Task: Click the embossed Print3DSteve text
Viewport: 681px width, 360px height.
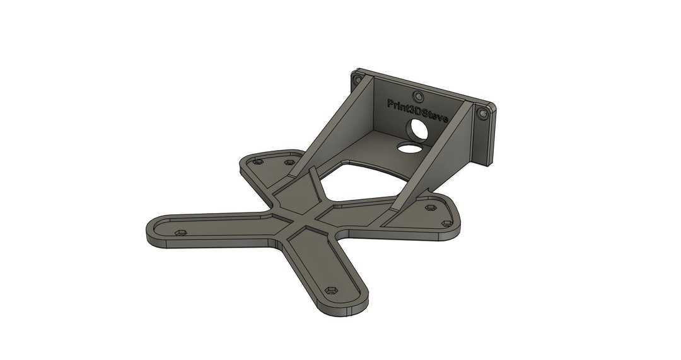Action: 417,110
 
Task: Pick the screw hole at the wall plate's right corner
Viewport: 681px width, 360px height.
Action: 484,114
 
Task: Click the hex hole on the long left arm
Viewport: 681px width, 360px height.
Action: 180,233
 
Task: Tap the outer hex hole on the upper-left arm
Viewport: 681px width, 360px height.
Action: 257,162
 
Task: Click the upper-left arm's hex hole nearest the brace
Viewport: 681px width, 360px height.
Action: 289,163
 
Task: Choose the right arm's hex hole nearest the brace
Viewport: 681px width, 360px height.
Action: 431,207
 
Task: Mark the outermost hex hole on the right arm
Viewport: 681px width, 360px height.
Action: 447,223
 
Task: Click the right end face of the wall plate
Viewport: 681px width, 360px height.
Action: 490,136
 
